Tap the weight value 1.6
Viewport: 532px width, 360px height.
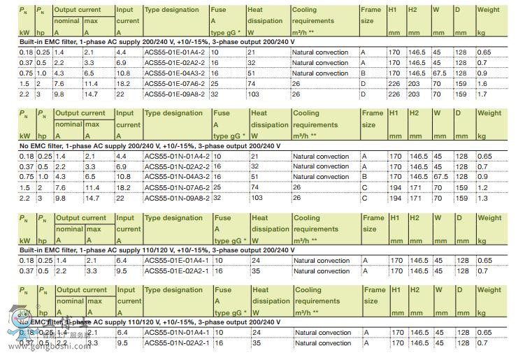pyautogui.click(x=483, y=83)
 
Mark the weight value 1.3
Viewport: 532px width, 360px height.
pyautogui.click(x=483, y=198)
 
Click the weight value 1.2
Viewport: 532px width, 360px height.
pyautogui.click(x=483, y=187)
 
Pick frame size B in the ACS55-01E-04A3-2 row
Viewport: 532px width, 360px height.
pyautogui.click(x=365, y=73)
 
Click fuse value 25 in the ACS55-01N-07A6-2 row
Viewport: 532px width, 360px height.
pyautogui.click(x=218, y=187)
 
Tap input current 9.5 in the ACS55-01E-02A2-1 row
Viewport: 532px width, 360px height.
pyautogui.click(x=122, y=271)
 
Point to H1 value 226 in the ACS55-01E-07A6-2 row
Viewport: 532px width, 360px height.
pyautogui.click(x=394, y=83)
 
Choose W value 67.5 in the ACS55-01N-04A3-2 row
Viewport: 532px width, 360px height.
pyautogui.click(x=440, y=177)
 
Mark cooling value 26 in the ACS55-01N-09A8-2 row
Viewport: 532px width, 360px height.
pyautogui.click(x=297, y=198)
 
